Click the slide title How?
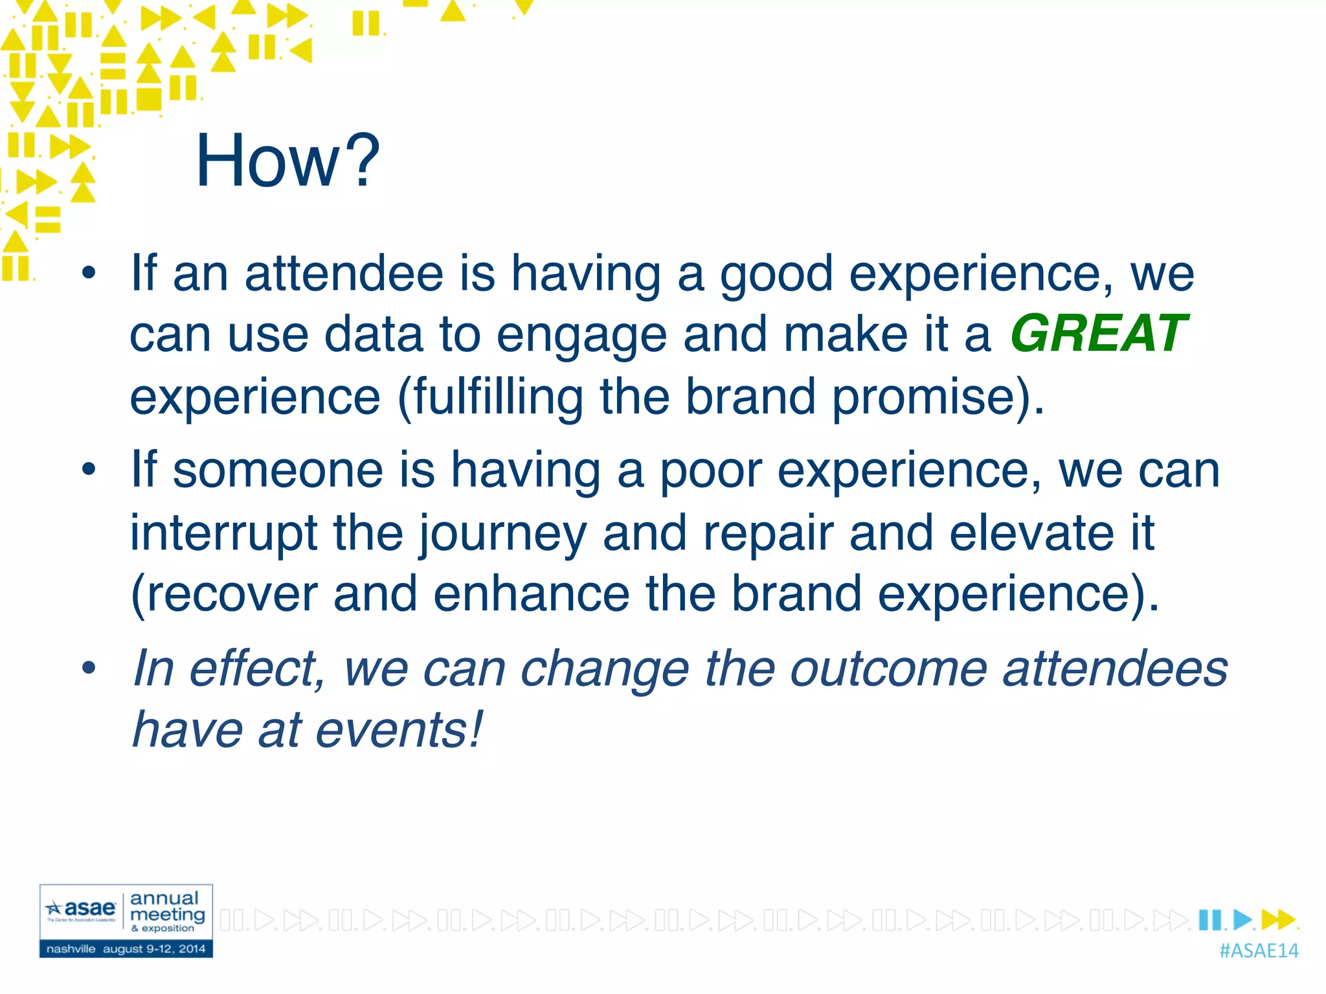[x=287, y=160]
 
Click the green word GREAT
[x=1099, y=334]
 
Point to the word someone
[x=278, y=470]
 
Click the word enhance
[x=531, y=593]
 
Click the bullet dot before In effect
[x=89, y=668]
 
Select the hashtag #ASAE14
[x=1258, y=951]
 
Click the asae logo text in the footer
[x=89, y=908]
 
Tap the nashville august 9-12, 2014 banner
[x=126, y=949]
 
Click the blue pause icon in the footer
[x=1209, y=919]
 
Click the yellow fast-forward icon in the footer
[x=1277, y=919]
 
